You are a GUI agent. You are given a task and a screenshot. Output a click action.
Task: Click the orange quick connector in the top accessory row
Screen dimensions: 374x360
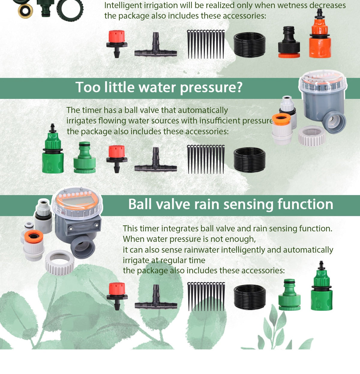pos(320,39)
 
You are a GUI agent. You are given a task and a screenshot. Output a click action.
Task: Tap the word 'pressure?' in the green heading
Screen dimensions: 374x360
pos(211,88)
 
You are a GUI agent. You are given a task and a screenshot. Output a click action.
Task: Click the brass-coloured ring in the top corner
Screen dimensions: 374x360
pos(25,10)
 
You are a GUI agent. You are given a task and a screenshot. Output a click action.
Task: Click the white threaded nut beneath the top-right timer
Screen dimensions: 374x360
pos(312,135)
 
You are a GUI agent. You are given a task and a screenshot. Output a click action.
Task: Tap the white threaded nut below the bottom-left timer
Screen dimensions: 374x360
pos(60,262)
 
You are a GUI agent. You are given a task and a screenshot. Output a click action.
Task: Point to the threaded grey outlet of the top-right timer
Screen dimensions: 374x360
pos(334,121)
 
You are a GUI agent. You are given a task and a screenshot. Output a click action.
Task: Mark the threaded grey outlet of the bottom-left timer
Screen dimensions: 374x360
pos(83,246)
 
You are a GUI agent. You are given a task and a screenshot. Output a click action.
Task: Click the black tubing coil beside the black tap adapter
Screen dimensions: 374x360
pos(249,45)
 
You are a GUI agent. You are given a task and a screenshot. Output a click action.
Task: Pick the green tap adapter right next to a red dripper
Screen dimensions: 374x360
pos(85,158)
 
